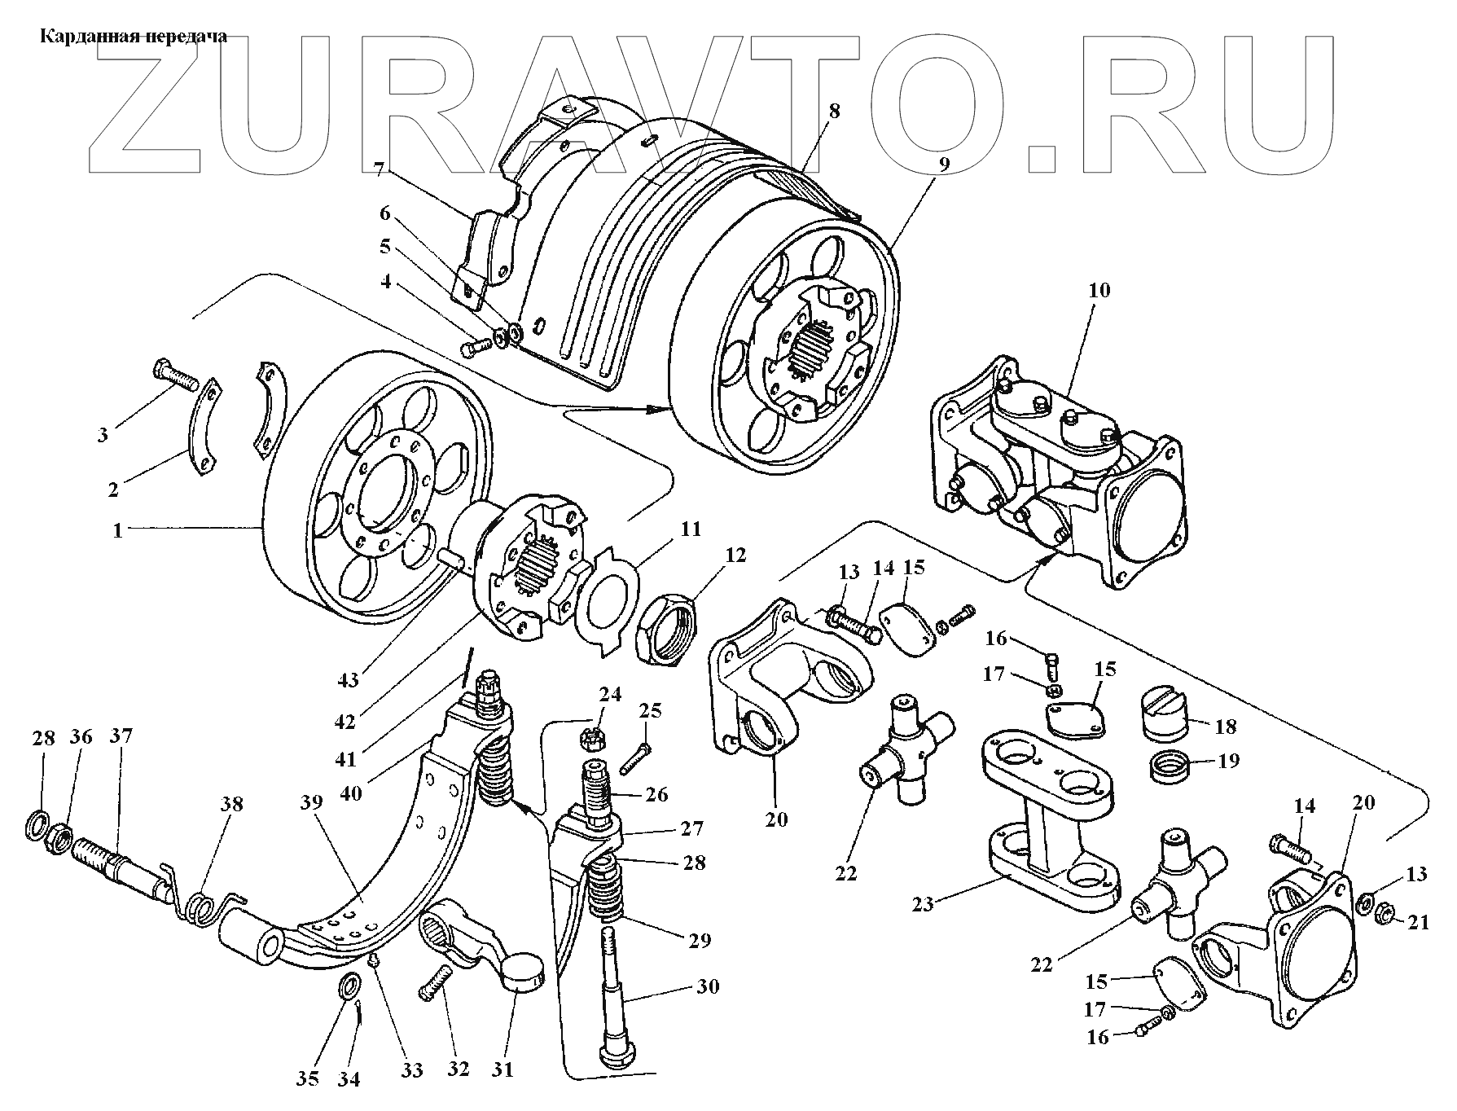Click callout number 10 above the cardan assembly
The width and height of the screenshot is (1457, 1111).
(x=1099, y=291)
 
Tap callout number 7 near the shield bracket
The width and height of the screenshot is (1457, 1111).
(x=379, y=169)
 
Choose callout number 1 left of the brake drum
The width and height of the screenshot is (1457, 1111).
(x=118, y=530)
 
